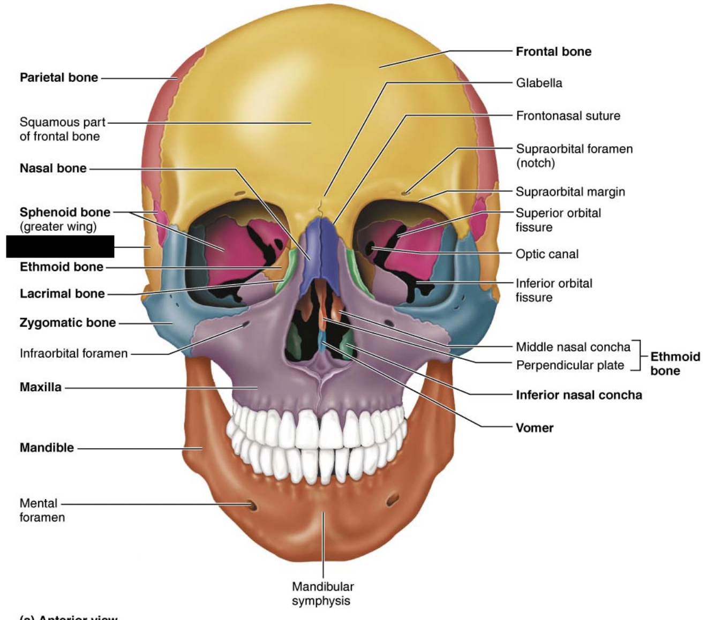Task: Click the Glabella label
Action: click(x=539, y=83)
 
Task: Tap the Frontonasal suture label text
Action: click(x=568, y=116)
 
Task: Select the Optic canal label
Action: click(x=547, y=254)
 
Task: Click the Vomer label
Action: click(x=534, y=428)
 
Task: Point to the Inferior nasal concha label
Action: click(x=578, y=395)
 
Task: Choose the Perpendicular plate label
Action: click(x=570, y=365)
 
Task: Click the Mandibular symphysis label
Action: click(x=322, y=593)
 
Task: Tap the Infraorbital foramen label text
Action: click(x=73, y=353)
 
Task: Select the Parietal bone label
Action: click(x=59, y=78)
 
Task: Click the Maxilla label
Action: click(x=41, y=387)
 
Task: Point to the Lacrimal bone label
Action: click(x=62, y=293)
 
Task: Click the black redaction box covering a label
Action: click(x=60, y=246)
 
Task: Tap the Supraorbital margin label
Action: click(x=570, y=192)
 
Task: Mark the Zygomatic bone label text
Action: click(x=67, y=322)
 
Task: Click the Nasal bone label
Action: click(x=53, y=168)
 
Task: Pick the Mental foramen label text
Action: click(x=42, y=510)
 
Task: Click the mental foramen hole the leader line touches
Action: click(x=251, y=505)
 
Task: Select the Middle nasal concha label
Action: click(x=573, y=347)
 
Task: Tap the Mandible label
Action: click(x=47, y=448)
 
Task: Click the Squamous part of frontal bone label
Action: click(x=62, y=129)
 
